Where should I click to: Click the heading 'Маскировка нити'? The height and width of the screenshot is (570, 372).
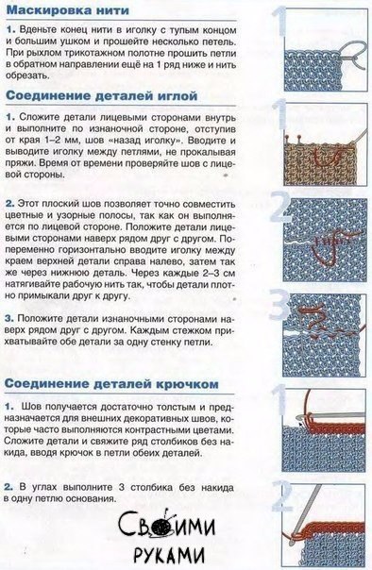[68, 10]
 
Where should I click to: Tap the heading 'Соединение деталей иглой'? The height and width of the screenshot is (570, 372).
[102, 96]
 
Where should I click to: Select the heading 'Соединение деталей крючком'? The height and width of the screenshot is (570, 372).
[112, 384]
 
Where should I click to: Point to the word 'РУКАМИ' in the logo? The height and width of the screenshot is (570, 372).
[169, 556]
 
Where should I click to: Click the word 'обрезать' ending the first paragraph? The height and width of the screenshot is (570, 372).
[27, 75]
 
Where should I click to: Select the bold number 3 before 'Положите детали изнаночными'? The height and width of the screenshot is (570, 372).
[9, 318]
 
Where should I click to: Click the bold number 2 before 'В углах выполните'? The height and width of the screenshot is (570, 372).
[8, 487]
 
